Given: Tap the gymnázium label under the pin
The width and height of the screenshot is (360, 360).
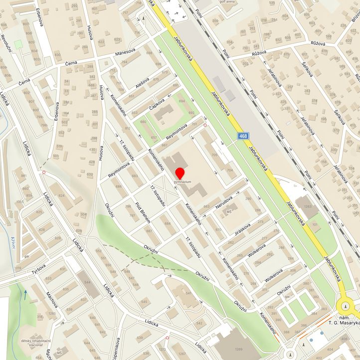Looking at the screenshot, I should [x=182, y=182].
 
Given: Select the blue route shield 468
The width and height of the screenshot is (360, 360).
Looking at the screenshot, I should [x=243, y=136].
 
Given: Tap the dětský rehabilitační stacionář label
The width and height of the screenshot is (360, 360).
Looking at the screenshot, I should [x=35, y=343].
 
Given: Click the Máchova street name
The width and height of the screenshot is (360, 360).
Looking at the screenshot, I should [x=52, y=300].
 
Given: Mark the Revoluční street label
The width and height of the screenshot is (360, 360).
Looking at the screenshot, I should [x=6, y=42].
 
